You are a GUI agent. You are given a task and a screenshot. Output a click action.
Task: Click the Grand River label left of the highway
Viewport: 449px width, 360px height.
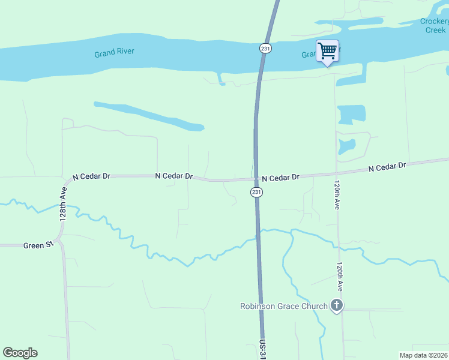click(114, 53)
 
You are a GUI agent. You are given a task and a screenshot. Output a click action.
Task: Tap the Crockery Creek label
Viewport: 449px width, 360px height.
click(435, 26)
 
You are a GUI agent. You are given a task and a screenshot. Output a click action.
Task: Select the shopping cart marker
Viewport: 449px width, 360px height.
click(327, 51)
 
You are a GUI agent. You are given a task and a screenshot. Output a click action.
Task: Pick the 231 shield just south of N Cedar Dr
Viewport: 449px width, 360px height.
click(256, 192)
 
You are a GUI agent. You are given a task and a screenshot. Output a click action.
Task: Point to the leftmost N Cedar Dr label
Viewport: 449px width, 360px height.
click(91, 177)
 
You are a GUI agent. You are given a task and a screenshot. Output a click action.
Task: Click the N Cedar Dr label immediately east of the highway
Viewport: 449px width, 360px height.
click(280, 178)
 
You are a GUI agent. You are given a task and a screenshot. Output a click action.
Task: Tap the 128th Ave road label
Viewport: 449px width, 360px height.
click(63, 204)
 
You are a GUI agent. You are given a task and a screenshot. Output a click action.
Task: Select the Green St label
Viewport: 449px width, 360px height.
click(34, 245)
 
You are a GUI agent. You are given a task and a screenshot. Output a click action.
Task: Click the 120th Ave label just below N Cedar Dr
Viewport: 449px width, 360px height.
click(337, 196)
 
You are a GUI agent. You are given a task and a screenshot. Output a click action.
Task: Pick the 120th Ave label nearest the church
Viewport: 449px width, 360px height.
click(340, 278)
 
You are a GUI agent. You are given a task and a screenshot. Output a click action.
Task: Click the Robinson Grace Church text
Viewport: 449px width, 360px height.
click(284, 306)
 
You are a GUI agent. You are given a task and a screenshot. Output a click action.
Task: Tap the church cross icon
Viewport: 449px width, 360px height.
click(337, 306)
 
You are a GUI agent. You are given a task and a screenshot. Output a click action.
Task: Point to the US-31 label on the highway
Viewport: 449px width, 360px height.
click(262, 349)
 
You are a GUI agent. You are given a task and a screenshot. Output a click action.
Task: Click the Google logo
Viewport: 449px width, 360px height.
click(20, 353)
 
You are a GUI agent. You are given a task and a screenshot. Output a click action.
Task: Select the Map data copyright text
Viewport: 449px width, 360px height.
click(423, 355)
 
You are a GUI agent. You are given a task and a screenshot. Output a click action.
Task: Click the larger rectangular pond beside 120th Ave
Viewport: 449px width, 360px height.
click(351, 114)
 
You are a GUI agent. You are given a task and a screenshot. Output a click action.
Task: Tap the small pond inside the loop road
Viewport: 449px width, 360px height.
click(346, 146)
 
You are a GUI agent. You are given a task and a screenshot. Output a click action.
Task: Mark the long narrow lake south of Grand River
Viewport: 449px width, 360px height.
click(150, 116)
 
